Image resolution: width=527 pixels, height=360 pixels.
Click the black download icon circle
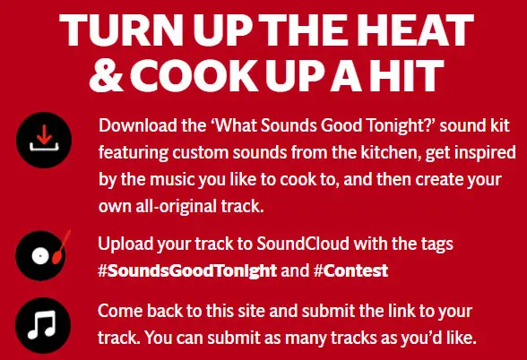tap(44, 140)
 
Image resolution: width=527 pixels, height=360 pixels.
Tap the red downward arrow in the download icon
tap(44, 134)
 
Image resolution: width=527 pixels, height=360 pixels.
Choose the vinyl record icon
tap(41, 256)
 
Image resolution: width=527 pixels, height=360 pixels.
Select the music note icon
tap(43, 325)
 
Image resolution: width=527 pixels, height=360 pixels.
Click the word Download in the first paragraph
tap(138, 125)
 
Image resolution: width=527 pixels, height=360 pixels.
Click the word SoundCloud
tap(303, 244)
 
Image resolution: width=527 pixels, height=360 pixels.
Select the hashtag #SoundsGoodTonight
tap(187, 270)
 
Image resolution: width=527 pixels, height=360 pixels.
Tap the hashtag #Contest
tap(351, 270)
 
